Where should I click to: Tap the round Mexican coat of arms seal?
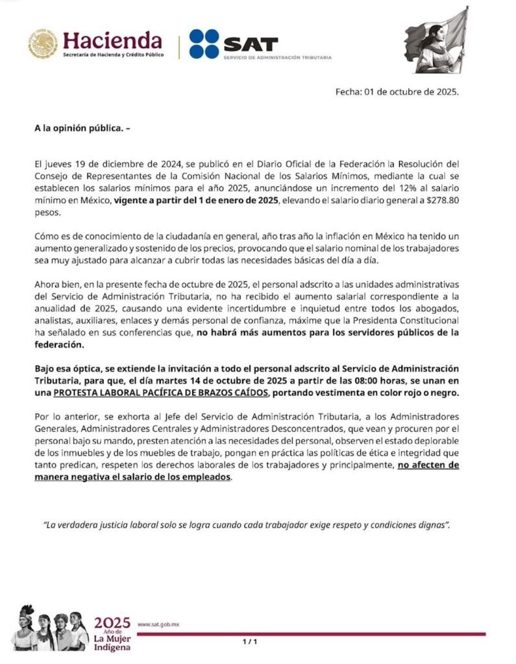point(43,44)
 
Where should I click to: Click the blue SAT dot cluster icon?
point(204,43)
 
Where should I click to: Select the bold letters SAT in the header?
point(250,44)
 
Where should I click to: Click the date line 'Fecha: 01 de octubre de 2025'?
point(397,91)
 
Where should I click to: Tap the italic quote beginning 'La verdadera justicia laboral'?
point(247,525)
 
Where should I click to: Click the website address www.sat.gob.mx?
point(158,624)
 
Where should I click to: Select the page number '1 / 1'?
point(250,642)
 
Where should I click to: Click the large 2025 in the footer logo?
point(112,622)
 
